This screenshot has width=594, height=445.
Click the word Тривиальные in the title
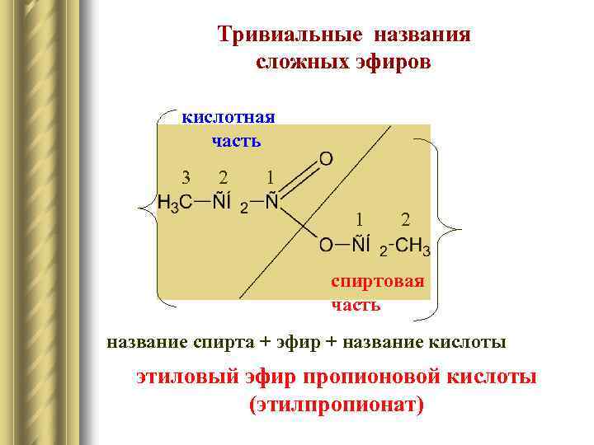click(x=290, y=35)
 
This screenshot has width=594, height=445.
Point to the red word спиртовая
click(x=377, y=282)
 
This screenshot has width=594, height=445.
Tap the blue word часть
click(x=236, y=141)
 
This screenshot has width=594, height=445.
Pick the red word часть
click(x=356, y=305)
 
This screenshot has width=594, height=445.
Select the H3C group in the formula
click(x=175, y=203)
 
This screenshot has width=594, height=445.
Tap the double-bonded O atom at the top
click(x=327, y=157)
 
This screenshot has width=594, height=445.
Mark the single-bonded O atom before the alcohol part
click(x=327, y=245)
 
